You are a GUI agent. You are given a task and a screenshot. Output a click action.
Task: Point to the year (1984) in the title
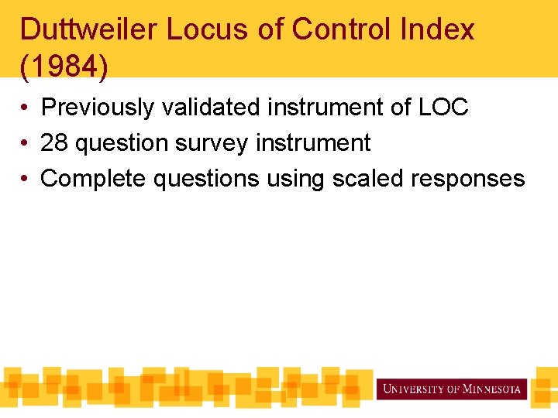coord(64,66)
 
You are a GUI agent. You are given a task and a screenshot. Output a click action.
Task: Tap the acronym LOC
coord(443,108)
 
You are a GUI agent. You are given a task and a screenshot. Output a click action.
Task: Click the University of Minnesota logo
coord(452,389)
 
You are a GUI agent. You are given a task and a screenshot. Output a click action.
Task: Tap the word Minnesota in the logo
coord(492,389)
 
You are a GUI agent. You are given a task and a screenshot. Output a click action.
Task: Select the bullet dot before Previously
coord(26,108)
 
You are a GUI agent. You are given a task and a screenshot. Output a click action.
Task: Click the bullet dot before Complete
coord(26,180)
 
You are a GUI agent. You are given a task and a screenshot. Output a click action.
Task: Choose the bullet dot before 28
coord(26,144)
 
